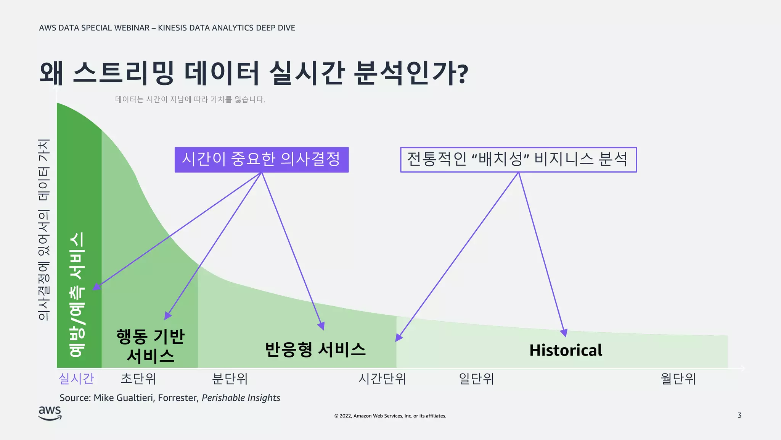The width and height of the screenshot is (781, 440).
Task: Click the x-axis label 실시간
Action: [76, 379]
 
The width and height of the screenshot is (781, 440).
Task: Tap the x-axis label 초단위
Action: [138, 379]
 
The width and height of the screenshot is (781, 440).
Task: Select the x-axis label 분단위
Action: [230, 379]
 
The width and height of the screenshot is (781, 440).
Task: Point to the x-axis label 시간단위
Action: [382, 379]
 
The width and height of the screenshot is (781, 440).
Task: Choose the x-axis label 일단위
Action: [476, 379]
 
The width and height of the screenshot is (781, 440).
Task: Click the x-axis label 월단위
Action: [678, 379]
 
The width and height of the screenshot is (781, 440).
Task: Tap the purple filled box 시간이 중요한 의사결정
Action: [262, 160]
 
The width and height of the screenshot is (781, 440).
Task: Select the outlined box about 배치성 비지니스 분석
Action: [518, 160]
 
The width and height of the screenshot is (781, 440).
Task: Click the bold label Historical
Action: [566, 350]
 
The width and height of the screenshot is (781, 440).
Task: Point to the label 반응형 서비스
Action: [315, 349]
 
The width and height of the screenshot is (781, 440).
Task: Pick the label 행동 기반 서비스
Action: [150, 346]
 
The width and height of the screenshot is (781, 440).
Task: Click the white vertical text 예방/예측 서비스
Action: [77, 294]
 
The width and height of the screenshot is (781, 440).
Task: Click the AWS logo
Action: [50, 413]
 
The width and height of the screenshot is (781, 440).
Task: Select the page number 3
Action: [739, 415]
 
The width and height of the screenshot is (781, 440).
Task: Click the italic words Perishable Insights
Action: [241, 398]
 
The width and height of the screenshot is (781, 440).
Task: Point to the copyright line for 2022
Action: [390, 416]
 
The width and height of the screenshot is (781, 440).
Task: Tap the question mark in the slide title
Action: [463, 74]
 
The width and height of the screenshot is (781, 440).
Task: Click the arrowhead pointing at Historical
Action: [564, 333]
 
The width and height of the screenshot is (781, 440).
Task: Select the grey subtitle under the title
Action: [190, 99]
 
